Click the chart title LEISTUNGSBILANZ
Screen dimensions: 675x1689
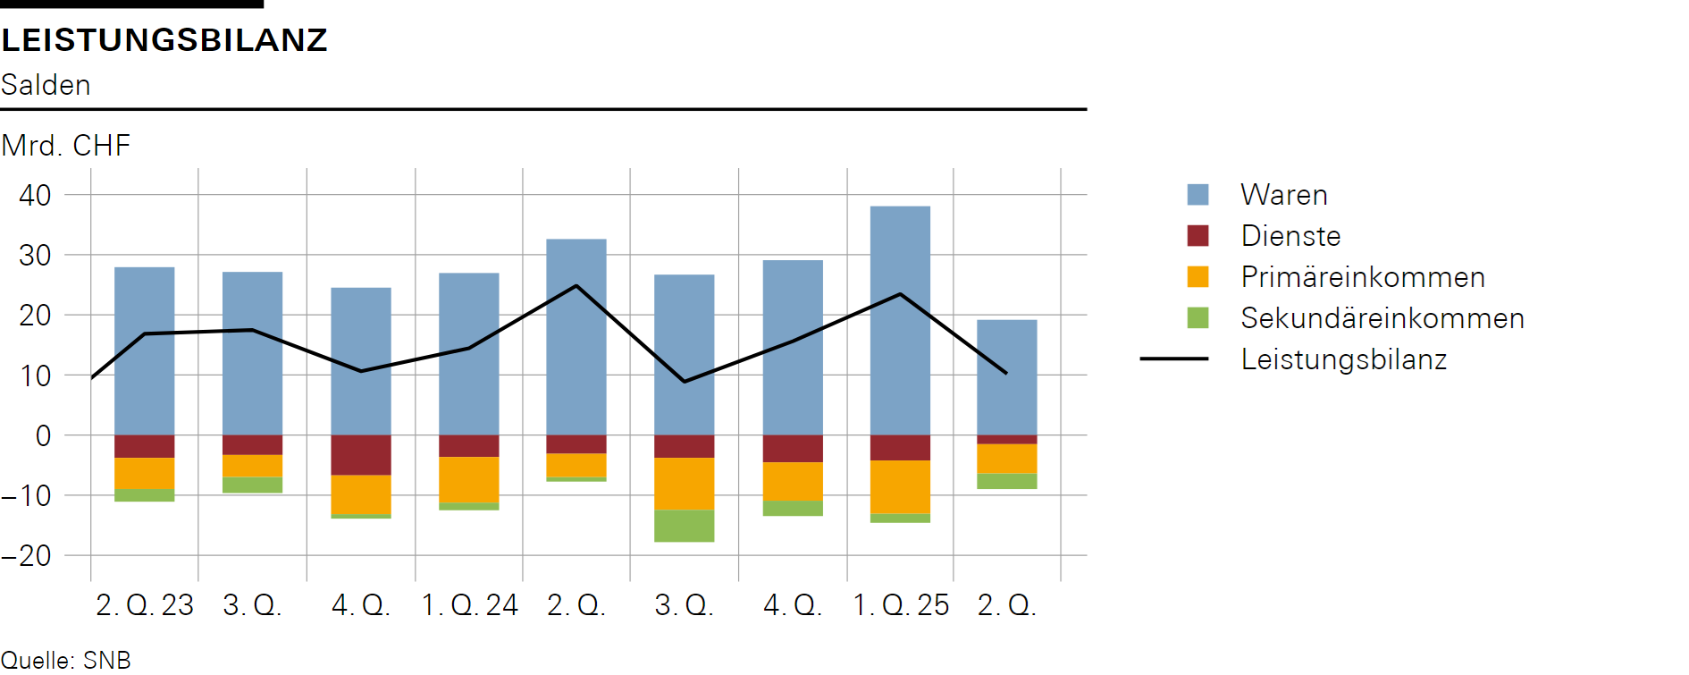164,40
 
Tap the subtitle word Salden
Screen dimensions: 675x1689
46,85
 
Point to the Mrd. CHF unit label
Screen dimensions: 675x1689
66,145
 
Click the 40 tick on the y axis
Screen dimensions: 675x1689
35,195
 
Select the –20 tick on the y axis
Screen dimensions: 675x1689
27,555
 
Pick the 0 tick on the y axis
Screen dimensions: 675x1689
43,435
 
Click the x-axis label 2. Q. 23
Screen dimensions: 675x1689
145,605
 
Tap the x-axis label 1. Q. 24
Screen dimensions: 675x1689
469,605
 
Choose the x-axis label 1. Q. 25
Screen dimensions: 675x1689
901,605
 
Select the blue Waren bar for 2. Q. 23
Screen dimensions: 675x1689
145,350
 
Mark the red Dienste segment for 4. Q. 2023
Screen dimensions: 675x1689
361,455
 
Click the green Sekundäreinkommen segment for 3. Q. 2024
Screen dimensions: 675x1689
685,526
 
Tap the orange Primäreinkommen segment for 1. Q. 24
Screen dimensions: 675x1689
469,480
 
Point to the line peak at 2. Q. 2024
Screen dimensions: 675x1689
576,286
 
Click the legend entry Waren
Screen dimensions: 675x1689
1283,195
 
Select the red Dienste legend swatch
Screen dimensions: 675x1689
1197,236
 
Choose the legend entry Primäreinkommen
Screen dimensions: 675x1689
1362,277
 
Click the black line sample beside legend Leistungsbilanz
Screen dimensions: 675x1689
1173,359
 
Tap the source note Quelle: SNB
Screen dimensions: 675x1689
65,661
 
